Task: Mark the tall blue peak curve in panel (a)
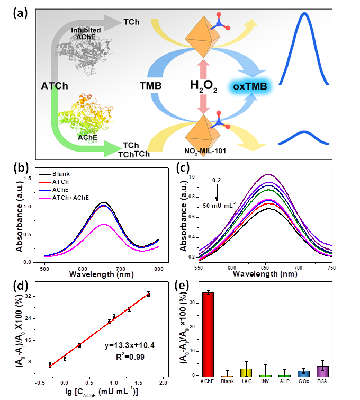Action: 304,42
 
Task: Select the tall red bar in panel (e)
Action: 209,334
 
